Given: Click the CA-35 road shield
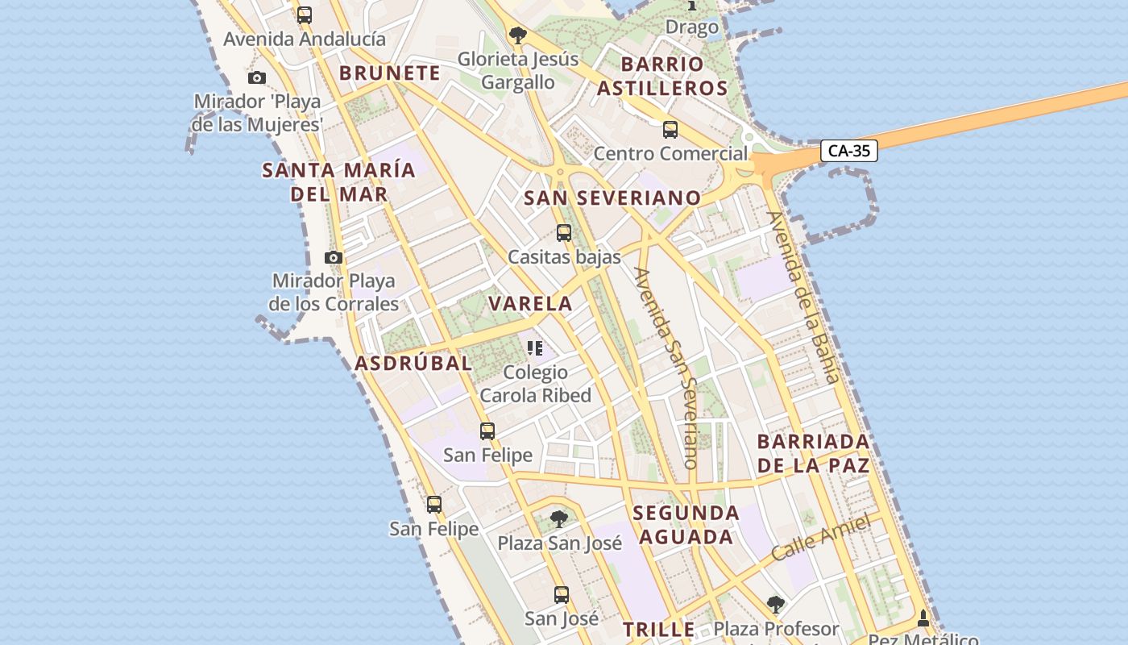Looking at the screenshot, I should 849,151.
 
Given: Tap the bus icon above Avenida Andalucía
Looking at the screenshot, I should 304,15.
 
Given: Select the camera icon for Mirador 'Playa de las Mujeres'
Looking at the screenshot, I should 257,78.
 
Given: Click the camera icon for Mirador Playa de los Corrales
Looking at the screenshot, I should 334,258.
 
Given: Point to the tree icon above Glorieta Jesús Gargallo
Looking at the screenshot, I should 518,35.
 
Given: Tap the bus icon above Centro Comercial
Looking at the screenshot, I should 670,130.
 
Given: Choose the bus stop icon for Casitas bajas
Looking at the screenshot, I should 564,233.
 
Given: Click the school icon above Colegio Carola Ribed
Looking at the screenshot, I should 535,348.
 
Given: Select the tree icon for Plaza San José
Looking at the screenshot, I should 559,519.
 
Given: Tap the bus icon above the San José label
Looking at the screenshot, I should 562,595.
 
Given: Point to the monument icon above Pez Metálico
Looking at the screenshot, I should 923,618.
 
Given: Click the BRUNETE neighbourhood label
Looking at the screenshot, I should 390,73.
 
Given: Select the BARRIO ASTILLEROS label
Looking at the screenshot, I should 662,76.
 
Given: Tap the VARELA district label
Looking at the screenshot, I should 530,304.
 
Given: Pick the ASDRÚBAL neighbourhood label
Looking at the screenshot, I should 413,363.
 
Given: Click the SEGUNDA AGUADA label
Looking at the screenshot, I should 686,525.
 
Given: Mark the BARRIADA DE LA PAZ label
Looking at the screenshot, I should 814,453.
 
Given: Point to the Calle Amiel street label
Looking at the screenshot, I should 821,538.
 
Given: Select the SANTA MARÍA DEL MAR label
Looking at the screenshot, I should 339,181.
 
